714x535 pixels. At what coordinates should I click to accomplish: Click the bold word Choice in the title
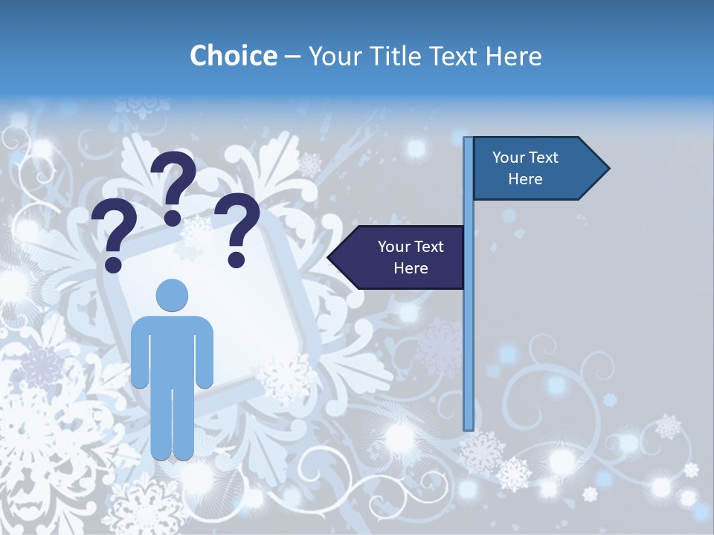pyautogui.click(x=233, y=56)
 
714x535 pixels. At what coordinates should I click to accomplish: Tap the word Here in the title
pyautogui.click(x=513, y=56)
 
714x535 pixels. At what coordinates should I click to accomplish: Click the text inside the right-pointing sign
pyautogui.click(x=525, y=168)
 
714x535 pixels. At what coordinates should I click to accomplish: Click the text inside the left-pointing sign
pyautogui.click(x=411, y=257)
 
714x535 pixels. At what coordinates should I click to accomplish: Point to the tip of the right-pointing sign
pyautogui.click(x=608, y=168)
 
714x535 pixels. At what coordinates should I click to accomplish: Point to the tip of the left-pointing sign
pyautogui.click(x=329, y=257)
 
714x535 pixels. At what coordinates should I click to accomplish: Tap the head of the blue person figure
pyautogui.click(x=172, y=295)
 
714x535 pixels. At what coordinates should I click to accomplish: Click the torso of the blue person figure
pyautogui.click(x=172, y=349)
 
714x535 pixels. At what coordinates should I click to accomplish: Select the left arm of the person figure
pyautogui.click(x=139, y=353)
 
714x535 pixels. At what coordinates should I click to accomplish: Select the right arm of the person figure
pyautogui.click(x=205, y=353)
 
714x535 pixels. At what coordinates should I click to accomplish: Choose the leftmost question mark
pyautogui.click(x=113, y=234)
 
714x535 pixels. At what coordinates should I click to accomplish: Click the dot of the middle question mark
pyautogui.click(x=173, y=218)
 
